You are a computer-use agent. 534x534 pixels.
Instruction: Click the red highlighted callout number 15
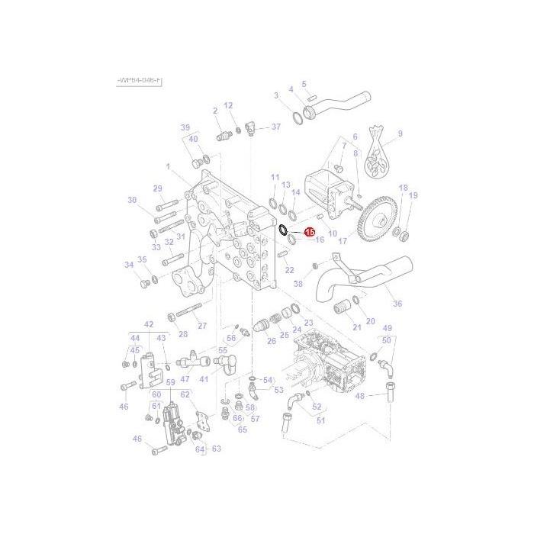(x=310, y=231)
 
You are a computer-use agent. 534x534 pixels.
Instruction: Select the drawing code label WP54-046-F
(x=140, y=80)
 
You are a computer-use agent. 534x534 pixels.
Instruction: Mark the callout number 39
(x=185, y=127)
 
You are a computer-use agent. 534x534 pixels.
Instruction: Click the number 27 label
(x=203, y=326)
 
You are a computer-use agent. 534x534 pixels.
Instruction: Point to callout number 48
(x=360, y=396)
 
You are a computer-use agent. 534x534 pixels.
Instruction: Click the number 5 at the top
(x=304, y=84)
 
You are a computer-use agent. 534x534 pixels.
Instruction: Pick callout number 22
(x=289, y=271)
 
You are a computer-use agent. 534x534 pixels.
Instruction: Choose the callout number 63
(x=216, y=449)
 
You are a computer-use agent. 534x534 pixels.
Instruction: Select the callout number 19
(x=413, y=196)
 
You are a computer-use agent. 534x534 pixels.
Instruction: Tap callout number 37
(x=276, y=127)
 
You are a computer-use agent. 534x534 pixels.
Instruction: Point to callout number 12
(x=227, y=105)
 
